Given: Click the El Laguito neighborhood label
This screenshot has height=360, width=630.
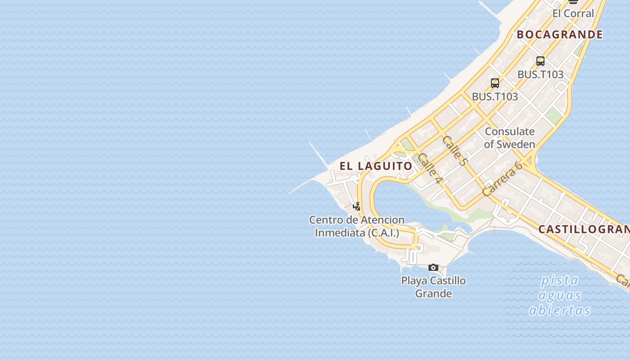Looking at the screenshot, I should coord(376,166).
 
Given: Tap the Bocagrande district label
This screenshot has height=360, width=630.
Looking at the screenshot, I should coord(559,35).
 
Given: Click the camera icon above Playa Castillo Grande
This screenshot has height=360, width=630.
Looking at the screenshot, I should coord(433,268).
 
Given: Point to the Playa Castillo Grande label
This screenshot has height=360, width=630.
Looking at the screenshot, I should coord(433,287).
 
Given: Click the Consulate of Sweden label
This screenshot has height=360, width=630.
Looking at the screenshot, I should coord(509,138).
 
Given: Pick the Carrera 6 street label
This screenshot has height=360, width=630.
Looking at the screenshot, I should coord(502,179).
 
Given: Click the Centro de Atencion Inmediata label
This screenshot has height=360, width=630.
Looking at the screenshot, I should coord(357,226).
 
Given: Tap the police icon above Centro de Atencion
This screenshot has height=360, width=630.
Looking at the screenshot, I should coord(357,207).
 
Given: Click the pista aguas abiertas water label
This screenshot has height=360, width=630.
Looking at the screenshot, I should coord(559,295).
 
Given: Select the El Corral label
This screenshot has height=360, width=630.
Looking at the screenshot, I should coord(573,13).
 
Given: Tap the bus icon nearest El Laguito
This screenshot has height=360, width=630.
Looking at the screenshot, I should coord(495,83).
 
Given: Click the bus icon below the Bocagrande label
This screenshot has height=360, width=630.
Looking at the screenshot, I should coord(540,61).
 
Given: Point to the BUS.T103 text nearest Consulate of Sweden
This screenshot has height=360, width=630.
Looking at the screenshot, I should coord(495,97).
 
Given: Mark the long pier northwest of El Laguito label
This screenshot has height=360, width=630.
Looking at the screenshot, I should coord(319,155).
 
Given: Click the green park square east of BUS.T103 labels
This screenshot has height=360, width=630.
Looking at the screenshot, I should coord(553,116).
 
